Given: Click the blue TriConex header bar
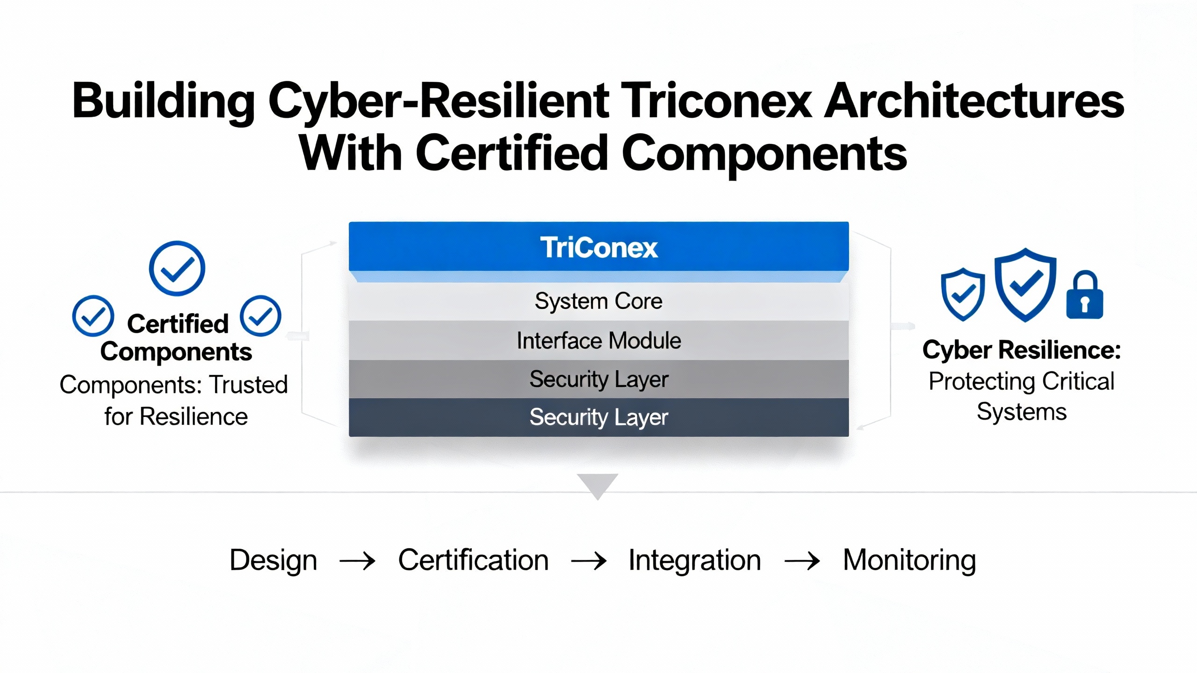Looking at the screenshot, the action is (x=598, y=247).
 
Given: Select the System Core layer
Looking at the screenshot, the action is (x=598, y=301).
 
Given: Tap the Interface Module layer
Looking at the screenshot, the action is (x=598, y=340).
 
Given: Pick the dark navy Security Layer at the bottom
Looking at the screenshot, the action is (x=598, y=417).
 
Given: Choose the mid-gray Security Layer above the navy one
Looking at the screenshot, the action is (x=598, y=379).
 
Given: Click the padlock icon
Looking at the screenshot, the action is (x=1085, y=294).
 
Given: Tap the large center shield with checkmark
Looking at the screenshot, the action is (x=1025, y=285).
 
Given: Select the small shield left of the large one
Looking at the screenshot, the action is (x=963, y=294).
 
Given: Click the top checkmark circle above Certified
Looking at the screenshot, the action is (x=177, y=268).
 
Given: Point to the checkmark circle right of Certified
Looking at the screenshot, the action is (x=260, y=316).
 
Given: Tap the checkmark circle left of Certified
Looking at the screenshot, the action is (x=93, y=316).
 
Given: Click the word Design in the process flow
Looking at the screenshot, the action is (x=274, y=560).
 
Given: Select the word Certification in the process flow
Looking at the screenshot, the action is (x=473, y=559).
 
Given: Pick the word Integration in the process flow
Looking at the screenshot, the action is (x=695, y=560).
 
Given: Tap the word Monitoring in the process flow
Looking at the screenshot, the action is (x=909, y=560).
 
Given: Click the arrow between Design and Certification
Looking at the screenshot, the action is (x=358, y=560).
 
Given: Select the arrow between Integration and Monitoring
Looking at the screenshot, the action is (x=802, y=560).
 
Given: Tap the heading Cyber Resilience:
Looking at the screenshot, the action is (x=1022, y=350).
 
